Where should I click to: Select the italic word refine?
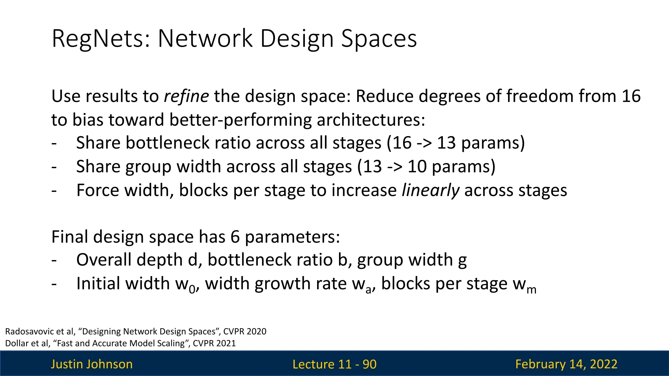(x=186, y=96)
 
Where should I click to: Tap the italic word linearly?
(x=431, y=191)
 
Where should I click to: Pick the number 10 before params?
(x=417, y=167)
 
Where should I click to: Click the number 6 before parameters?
(x=235, y=237)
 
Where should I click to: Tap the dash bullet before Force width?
(x=54, y=191)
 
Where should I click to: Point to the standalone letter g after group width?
(x=462, y=261)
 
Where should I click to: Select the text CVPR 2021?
(x=214, y=343)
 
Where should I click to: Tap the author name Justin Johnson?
(x=92, y=364)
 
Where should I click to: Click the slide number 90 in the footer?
(x=369, y=364)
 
